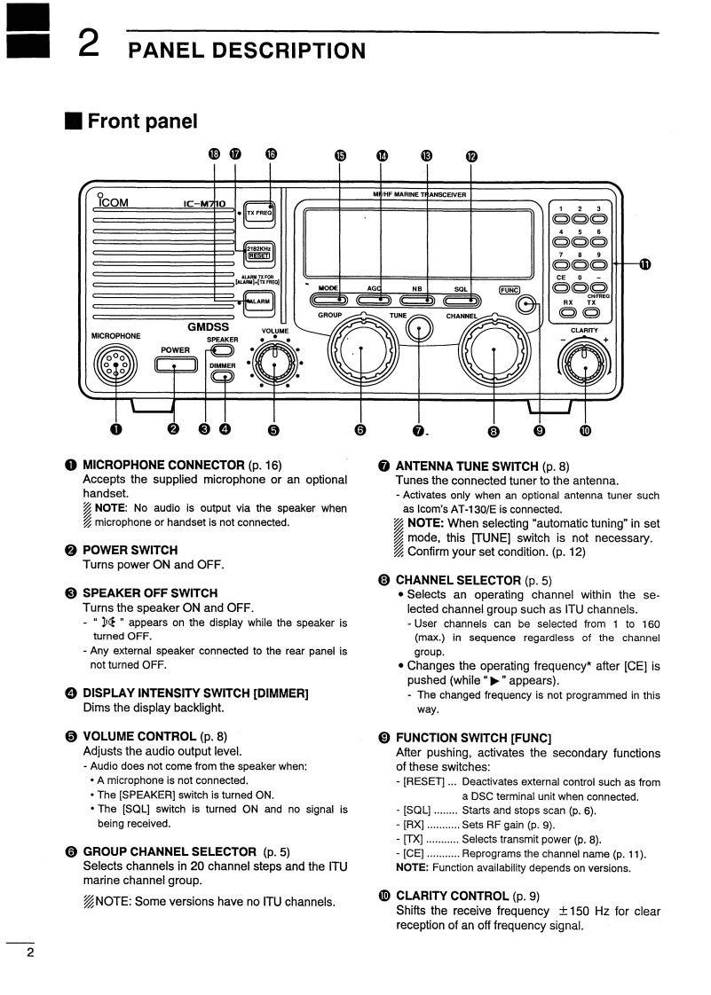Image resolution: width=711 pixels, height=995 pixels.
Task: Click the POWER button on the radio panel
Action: (174, 364)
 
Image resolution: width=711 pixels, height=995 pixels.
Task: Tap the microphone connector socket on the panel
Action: (115, 364)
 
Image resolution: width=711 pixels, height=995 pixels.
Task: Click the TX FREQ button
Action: (258, 214)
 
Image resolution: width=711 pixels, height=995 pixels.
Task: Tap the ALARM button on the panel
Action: (258, 301)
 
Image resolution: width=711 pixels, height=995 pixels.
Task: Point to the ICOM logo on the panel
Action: (114, 203)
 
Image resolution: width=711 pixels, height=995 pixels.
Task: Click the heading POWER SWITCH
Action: (130, 550)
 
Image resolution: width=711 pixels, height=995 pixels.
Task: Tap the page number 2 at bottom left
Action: (29, 953)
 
